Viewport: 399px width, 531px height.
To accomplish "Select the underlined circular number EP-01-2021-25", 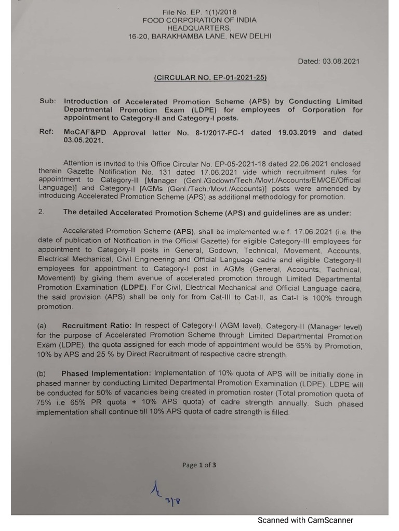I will pos(210,78).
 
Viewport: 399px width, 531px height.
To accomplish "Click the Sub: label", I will pos(47,101).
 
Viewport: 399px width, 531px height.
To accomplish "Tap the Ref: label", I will pos(47,132).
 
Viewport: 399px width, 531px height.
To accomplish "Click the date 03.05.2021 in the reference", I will pos(84,140).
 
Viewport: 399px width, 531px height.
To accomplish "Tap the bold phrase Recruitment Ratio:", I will pos(97,326).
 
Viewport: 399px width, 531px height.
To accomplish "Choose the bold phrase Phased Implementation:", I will pos(106,374).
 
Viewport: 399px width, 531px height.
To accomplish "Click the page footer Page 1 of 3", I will pos(199,465).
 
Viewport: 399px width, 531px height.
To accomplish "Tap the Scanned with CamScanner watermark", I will pos(305,520).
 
